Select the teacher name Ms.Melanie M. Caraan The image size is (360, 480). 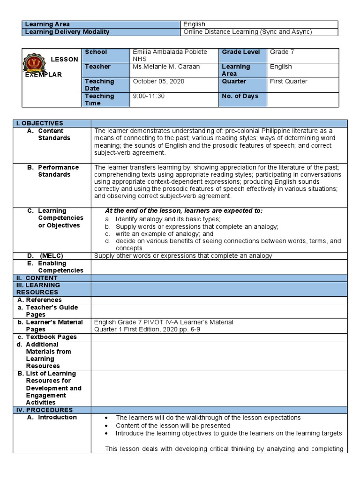(166, 67)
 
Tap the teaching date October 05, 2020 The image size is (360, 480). (158, 81)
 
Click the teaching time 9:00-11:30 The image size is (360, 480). (149, 96)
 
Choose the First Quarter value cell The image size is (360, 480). (288, 81)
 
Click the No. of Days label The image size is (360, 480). (240, 96)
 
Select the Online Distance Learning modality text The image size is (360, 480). (247, 32)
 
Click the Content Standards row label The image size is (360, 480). (54, 135)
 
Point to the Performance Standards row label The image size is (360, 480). (58, 171)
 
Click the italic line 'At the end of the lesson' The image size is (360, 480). (184, 210)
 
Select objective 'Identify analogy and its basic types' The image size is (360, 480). (168, 219)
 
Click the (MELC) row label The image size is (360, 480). (51, 255)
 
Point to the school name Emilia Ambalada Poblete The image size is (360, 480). (170, 52)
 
